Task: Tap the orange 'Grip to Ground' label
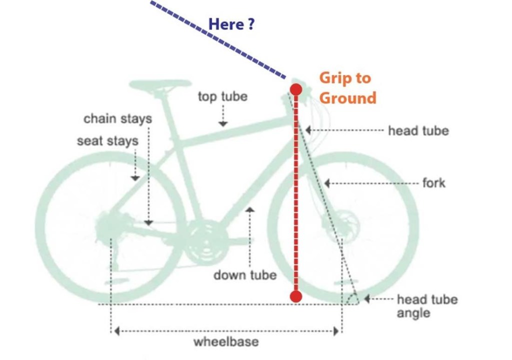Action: pyautogui.click(x=347, y=88)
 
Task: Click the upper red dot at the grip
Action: pyautogui.click(x=296, y=89)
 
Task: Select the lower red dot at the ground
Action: pyautogui.click(x=295, y=296)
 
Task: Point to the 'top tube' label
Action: pyautogui.click(x=222, y=96)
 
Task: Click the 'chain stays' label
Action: pyautogui.click(x=118, y=119)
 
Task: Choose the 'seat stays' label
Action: pyautogui.click(x=107, y=141)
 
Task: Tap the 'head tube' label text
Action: pyautogui.click(x=418, y=131)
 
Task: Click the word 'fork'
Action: pyautogui.click(x=434, y=183)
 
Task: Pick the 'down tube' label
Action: pyautogui.click(x=245, y=275)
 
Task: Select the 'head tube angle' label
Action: pyautogui.click(x=427, y=306)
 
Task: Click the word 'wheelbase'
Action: pyautogui.click(x=226, y=342)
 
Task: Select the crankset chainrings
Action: pyautogui.click(x=205, y=239)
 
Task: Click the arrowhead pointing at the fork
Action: pyautogui.click(x=327, y=183)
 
